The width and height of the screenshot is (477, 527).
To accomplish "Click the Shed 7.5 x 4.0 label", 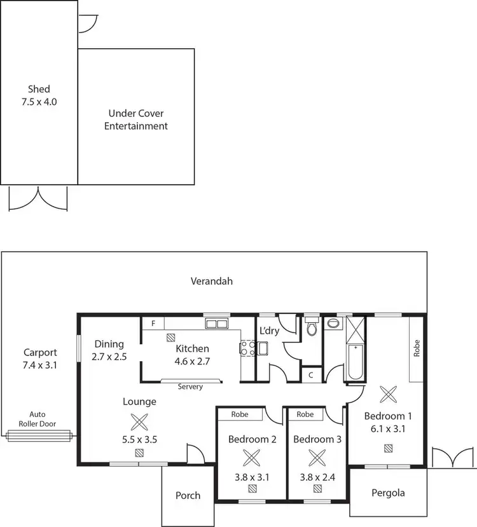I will (x=38, y=95).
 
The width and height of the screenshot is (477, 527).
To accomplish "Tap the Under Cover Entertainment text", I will (x=136, y=120).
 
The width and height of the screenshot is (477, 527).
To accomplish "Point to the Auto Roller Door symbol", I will (x=39, y=435).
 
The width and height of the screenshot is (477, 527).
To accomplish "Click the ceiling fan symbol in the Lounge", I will (x=139, y=422).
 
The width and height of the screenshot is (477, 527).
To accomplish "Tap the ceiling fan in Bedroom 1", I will (x=387, y=394).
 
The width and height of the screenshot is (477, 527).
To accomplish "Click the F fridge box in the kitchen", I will (x=153, y=323).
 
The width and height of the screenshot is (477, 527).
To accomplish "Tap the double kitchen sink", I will (x=216, y=324).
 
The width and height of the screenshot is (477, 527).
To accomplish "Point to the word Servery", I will (x=190, y=387).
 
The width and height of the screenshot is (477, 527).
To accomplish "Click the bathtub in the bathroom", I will (x=354, y=362).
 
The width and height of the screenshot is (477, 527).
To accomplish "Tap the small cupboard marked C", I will (x=310, y=375).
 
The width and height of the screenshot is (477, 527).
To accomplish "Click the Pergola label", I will (x=388, y=492).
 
